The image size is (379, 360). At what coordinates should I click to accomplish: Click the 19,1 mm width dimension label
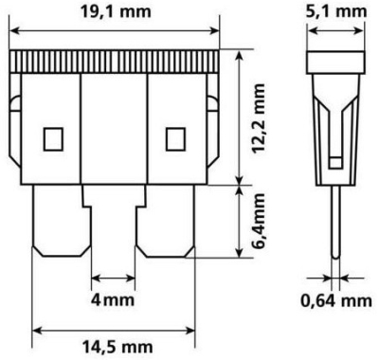[116, 12]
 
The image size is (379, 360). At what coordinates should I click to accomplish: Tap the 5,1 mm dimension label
[336, 12]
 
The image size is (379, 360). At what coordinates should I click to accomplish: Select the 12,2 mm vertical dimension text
[259, 119]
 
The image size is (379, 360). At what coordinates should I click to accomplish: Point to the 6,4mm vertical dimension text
[259, 221]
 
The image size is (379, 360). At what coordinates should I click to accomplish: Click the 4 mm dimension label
[113, 299]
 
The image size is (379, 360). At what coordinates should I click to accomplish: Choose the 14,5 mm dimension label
[117, 348]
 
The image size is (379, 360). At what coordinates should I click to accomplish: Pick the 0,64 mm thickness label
[336, 301]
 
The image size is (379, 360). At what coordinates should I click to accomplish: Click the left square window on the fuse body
[53, 139]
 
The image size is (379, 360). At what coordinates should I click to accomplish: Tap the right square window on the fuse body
[175, 139]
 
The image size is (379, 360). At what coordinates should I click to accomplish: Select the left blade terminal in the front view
[62, 221]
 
